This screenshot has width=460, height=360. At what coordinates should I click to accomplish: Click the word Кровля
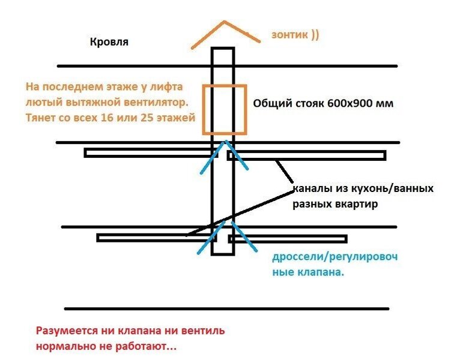(x=109, y=43)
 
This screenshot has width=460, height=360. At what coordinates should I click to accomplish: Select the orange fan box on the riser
(x=224, y=109)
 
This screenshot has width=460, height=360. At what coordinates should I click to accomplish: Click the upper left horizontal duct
(x=150, y=153)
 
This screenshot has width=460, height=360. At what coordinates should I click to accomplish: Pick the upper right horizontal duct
(x=306, y=155)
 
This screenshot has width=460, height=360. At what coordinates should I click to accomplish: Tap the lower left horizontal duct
(x=156, y=238)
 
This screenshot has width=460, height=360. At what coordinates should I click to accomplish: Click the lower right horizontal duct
(x=288, y=239)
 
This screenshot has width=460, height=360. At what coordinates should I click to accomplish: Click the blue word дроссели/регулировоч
(x=335, y=257)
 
